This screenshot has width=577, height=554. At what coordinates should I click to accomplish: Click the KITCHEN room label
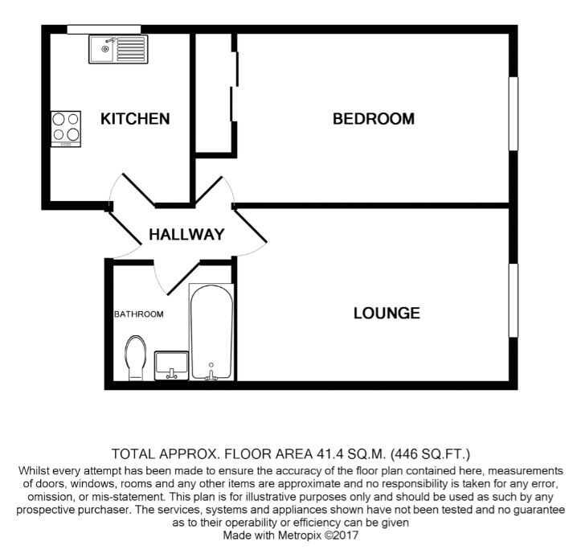coord(135,119)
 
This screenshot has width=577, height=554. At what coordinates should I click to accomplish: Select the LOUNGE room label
coord(387,313)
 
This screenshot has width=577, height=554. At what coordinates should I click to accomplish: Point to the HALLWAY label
coord(185,235)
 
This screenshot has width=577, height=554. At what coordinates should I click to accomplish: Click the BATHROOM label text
coord(138,314)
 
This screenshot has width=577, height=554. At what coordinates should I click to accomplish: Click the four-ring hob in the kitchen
coord(66,129)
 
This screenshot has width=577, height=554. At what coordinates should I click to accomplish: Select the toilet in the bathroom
coord(136,359)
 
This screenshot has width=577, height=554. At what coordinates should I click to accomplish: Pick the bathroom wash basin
coord(170,364)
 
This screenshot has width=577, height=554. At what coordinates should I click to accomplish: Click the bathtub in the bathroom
coord(211,333)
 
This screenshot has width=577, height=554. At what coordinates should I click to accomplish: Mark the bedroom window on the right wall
coord(512,113)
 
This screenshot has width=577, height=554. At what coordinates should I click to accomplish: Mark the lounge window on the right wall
coord(512,299)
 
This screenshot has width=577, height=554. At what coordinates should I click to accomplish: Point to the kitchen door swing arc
coord(129,187)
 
